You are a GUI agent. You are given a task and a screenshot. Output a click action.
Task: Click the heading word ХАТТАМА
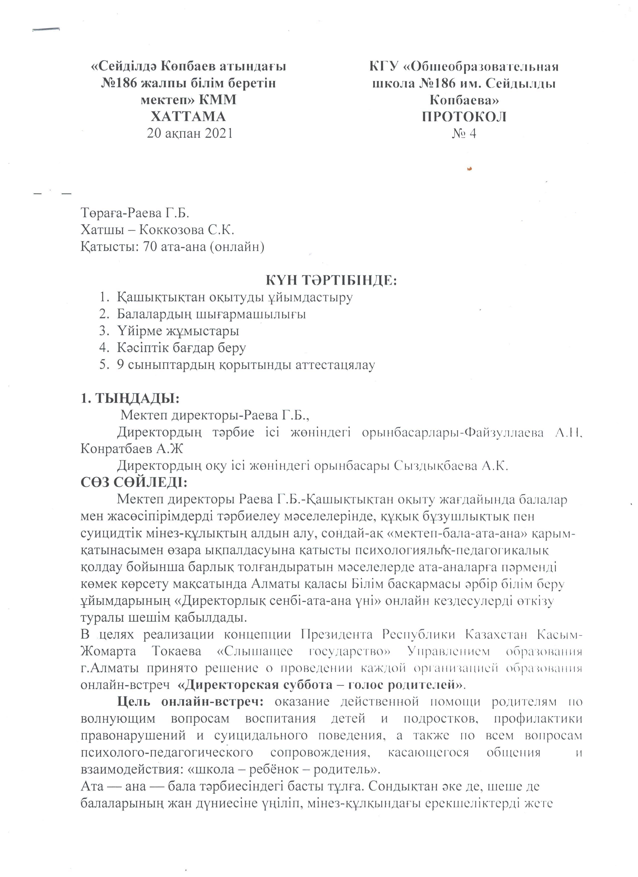188,116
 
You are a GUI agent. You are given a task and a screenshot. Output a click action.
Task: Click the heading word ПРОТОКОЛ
464,116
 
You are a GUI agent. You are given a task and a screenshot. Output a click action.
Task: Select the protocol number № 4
464,133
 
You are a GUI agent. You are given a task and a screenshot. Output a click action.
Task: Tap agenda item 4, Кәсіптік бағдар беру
181,348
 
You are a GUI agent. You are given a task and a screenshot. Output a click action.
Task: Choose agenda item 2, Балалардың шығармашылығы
211,314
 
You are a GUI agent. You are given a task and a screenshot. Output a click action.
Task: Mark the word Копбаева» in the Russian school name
464,100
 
